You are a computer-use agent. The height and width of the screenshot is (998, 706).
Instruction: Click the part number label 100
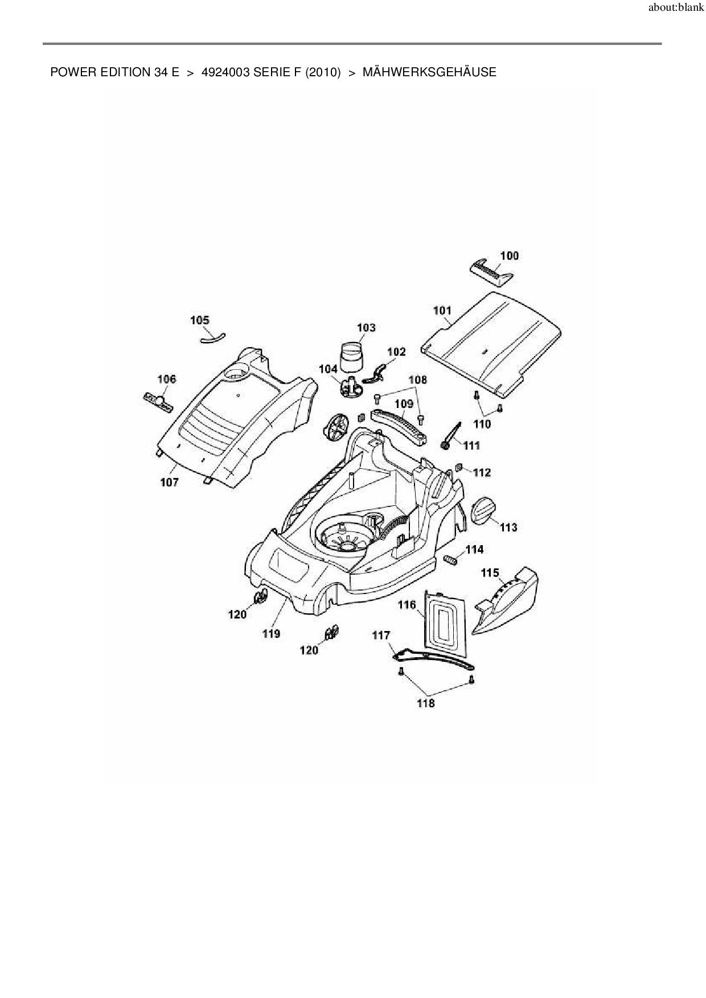pyautogui.click(x=509, y=255)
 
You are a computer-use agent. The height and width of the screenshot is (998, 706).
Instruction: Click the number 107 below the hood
pyautogui.click(x=169, y=482)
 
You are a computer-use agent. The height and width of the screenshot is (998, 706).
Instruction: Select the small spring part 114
pyautogui.click(x=451, y=560)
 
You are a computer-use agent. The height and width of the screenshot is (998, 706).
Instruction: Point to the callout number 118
pyautogui.click(x=425, y=703)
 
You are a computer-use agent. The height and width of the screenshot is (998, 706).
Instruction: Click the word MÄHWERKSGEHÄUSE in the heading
pyautogui.click(x=429, y=72)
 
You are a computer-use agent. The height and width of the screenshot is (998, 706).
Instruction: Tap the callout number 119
pyautogui.click(x=271, y=633)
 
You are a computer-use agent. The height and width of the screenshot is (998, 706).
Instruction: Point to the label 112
pyautogui.click(x=482, y=472)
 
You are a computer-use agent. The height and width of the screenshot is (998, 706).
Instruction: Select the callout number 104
pyautogui.click(x=328, y=369)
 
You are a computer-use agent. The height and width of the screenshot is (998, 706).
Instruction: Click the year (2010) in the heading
pyautogui.click(x=323, y=72)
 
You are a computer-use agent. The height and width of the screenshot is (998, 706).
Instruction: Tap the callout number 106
pyautogui.click(x=166, y=379)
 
